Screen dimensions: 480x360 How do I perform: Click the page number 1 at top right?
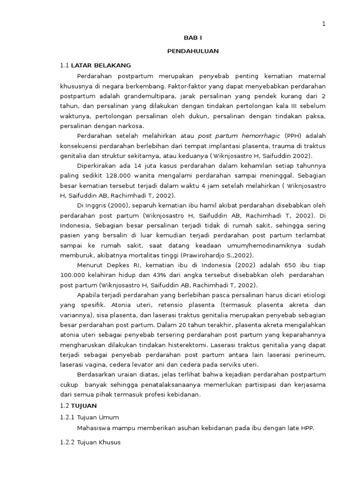[x=323, y=25]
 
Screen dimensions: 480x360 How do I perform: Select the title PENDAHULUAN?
[x=193, y=51]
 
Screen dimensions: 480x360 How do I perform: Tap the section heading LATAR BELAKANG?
[x=101, y=65]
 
